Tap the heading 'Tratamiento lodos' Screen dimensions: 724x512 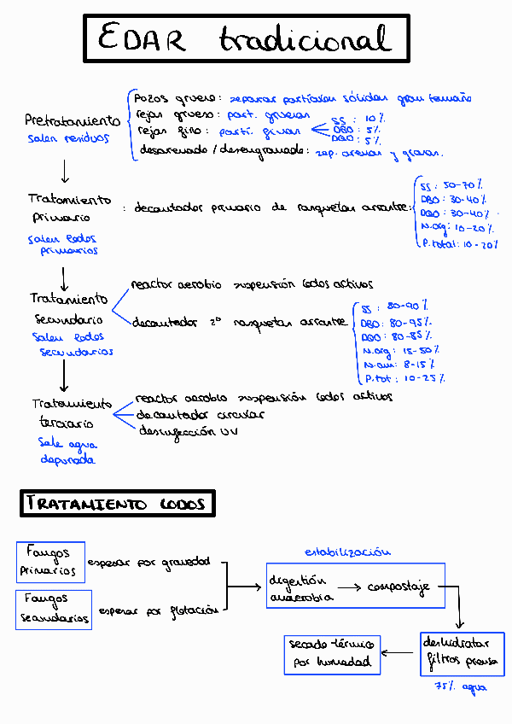[117, 504]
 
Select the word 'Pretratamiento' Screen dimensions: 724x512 [73, 121]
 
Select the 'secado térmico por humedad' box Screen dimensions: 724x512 [332, 653]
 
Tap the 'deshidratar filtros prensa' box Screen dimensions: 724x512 [458, 653]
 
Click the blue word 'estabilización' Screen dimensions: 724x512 [340, 553]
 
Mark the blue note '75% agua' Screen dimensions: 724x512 [460, 686]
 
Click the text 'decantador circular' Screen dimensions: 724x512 [201, 415]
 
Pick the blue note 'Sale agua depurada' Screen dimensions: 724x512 [67, 452]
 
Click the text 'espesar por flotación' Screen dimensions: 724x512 [160, 610]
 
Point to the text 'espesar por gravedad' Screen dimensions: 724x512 [160, 562]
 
